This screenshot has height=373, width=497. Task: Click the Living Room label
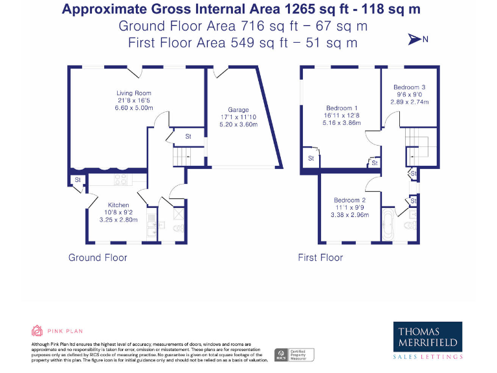(x=134, y=93)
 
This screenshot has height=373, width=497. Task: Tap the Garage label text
(x=237, y=110)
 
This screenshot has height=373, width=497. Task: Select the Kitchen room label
(x=118, y=205)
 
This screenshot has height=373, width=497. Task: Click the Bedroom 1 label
(x=341, y=108)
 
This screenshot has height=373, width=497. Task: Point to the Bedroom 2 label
(x=349, y=200)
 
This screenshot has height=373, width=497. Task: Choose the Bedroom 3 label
(x=409, y=87)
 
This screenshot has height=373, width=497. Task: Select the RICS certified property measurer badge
(x=295, y=355)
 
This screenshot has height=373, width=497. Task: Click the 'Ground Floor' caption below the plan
(x=98, y=258)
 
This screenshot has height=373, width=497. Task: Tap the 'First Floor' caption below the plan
(x=320, y=258)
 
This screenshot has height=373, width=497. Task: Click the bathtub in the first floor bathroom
(x=388, y=225)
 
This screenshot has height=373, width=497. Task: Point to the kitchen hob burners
(x=121, y=178)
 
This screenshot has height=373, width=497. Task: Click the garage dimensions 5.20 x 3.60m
(x=237, y=124)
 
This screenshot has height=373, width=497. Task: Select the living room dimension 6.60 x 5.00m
(x=134, y=108)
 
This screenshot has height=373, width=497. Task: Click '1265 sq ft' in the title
(x=311, y=10)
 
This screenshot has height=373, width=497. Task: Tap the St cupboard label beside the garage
(x=188, y=137)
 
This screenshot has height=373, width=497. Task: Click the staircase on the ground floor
(x=181, y=156)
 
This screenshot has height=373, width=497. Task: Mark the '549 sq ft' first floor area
(x=254, y=43)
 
